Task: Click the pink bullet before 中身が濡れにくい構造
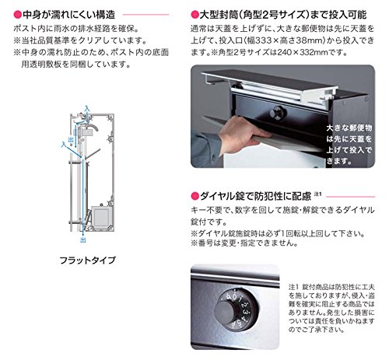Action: point(17,15)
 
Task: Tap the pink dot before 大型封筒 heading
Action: point(194,15)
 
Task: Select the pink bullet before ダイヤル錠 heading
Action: point(194,196)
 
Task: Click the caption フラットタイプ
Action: point(87,260)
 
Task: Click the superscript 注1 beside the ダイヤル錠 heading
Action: point(318,194)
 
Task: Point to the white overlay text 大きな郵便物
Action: point(349,128)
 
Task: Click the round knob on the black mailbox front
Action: point(278,113)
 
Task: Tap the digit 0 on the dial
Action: point(235,297)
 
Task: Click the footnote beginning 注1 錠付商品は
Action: point(331,309)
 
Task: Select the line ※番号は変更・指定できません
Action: point(244,243)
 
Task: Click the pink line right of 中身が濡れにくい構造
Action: point(146,15)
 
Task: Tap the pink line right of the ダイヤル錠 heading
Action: point(350,197)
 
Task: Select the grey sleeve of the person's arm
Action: point(205,148)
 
